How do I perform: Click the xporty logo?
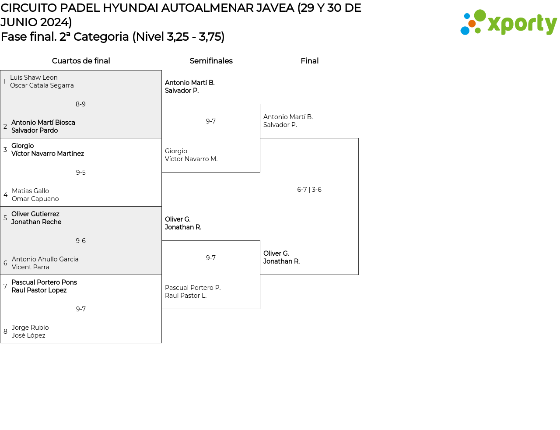point(508,23)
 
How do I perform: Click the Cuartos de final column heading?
point(81,61)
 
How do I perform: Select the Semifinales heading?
point(211,61)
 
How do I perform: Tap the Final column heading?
point(309,61)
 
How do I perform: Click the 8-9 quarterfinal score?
point(80,104)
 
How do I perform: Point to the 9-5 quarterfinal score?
point(80,173)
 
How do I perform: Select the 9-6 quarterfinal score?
point(80,241)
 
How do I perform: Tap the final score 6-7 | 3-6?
point(309,190)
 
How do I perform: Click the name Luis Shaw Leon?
point(34,78)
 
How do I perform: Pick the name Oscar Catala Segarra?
point(42,85)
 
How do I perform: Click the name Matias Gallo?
point(30,191)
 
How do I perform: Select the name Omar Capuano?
point(35,199)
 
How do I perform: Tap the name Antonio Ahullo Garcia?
point(45,259)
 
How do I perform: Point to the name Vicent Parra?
point(31,267)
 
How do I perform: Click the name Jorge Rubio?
point(30,328)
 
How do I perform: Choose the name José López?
point(28,335)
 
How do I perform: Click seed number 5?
point(5,218)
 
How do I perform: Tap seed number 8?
point(5,331)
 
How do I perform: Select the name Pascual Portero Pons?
point(44,282)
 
